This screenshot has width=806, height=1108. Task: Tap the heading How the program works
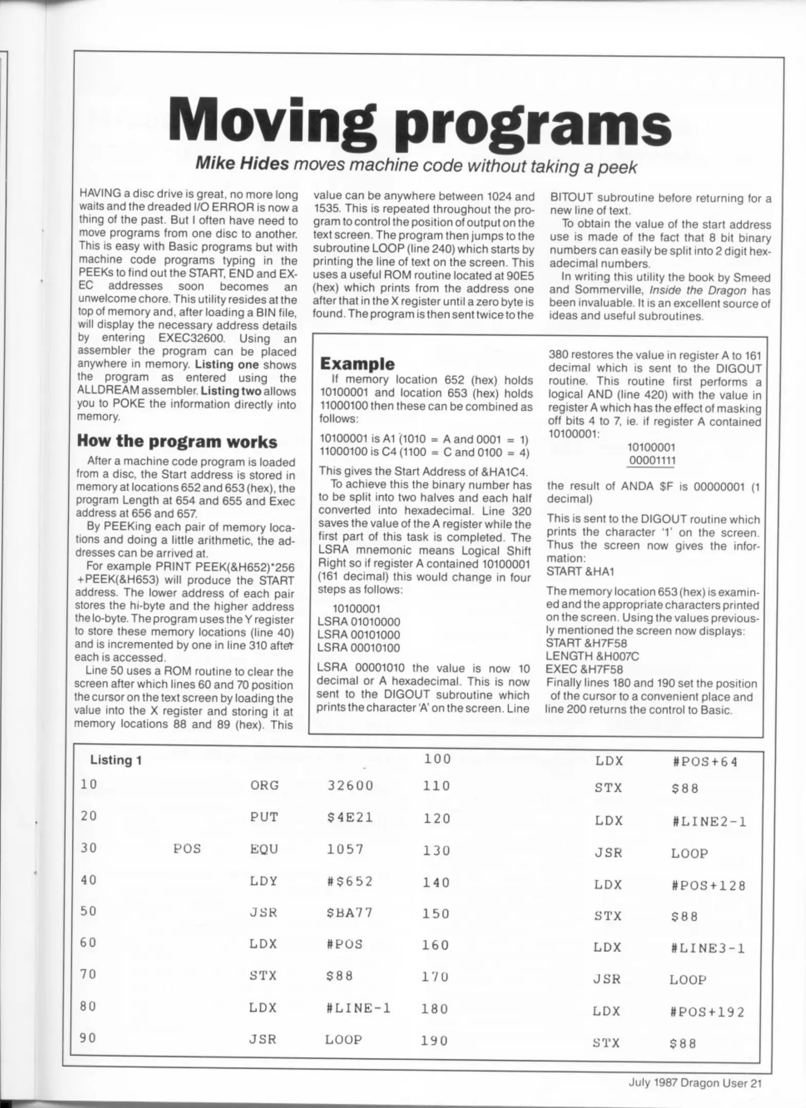pyautogui.click(x=176, y=441)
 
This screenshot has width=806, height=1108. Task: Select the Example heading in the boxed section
pyautogui.click(x=357, y=364)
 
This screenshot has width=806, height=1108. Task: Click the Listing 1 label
pyautogui.click(x=116, y=760)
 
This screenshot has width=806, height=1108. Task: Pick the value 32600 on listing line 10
pyautogui.click(x=350, y=786)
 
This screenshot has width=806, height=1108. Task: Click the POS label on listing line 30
pyautogui.click(x=187, y=849)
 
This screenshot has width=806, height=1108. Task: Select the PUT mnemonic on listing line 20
pyautogui.click(x=264, y=817)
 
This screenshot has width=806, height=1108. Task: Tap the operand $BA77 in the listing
pyautogui.click(x=349, y=913)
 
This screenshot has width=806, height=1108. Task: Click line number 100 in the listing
pyautogui.click(x=437, y=759)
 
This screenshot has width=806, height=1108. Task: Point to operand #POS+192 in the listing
pyautogui.click(x=707, y=1012)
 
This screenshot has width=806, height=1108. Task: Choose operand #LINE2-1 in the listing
pyautogui.click(x=709, y=822)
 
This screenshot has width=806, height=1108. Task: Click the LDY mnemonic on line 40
pyautogui.click(x=264, y=881)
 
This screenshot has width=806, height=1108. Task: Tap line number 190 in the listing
pyautogui.click(x=434, y=1041)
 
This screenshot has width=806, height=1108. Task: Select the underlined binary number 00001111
pyautogui.click(x=652, y=460)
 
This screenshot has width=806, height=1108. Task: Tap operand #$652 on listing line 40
pyautogui.click(x=349, y=881)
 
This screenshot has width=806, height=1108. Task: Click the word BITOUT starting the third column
pyautogui.click(x=572, y=197)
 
